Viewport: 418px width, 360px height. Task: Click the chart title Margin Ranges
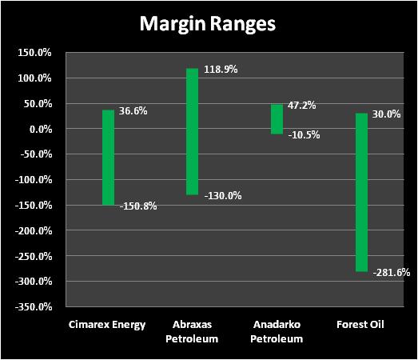[207, 24]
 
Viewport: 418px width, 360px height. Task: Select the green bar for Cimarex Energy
[108, 158]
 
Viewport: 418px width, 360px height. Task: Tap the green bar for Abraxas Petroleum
[192, 132]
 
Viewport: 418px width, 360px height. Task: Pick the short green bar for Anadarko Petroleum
[277, 119]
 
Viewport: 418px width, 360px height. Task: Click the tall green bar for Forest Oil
[361, 193]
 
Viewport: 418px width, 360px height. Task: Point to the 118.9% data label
[221, 70]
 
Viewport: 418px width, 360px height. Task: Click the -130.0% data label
[223, 196]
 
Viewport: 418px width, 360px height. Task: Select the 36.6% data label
[133, 110]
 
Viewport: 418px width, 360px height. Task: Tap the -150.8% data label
[138, 206]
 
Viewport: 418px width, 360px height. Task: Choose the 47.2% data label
[302, 105]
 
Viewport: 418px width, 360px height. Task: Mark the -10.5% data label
[304, 135]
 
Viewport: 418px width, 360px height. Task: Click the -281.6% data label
[392, 273]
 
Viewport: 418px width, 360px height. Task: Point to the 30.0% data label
[386, 114]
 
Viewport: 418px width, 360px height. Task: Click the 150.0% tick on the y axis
[34, 53]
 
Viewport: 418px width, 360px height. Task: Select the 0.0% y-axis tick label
[41, 129]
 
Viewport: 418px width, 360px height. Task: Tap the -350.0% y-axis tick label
[34, 307]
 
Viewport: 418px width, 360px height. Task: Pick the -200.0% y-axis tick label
[34, 230]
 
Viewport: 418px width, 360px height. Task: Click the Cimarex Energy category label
[107, 325]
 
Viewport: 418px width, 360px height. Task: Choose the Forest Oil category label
[360, 325]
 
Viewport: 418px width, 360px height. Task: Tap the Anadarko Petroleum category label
[277, 332]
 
